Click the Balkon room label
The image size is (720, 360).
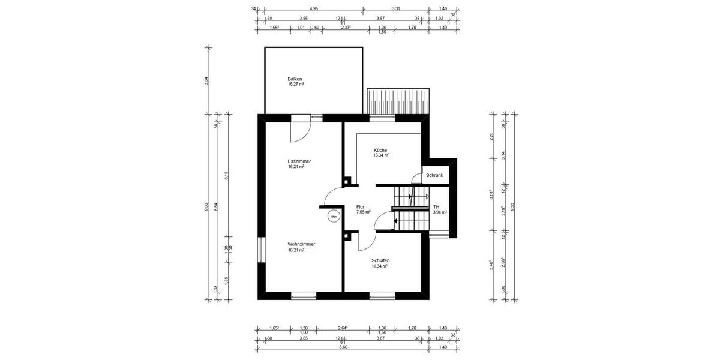point(295,79)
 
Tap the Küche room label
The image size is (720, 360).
point(380,150)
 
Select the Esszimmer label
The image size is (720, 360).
point(299,161)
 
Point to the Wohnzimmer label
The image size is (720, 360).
point(301,244)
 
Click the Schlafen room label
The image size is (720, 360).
point(380,260)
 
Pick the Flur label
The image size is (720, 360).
point(360,206)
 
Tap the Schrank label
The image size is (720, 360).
point(434,175)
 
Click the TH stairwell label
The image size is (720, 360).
point(436,206)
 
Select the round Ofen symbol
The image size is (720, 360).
point(333,216)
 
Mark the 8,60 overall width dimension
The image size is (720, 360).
point(343,347)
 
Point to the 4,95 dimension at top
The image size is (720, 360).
point(313,9)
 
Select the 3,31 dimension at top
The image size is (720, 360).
point(395,9)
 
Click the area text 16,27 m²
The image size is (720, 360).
point(296,85)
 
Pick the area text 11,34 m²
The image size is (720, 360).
point(380,266)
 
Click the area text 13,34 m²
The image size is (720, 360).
point(382,155)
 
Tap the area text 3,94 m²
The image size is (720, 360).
point(440,212)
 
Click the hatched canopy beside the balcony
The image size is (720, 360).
point(399,100)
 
